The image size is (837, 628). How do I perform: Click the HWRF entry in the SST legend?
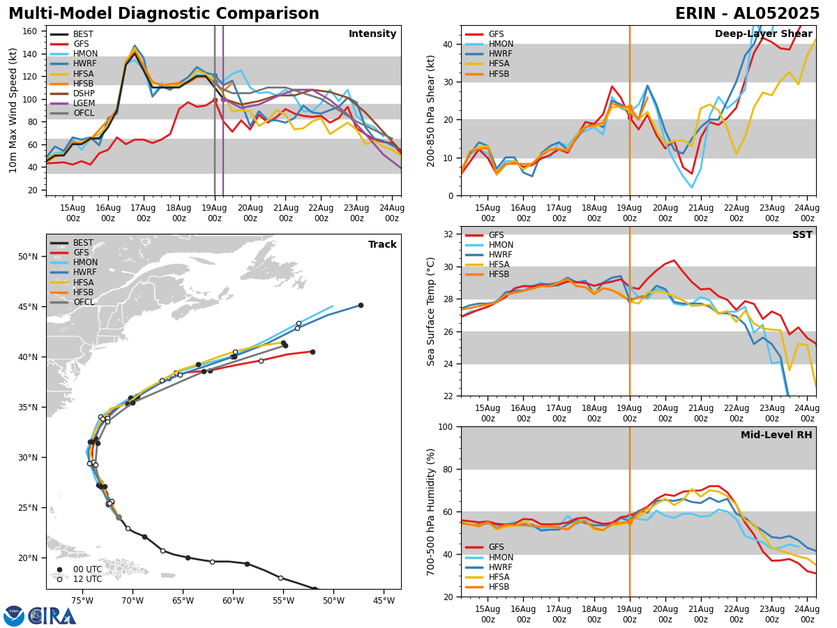(x=501, y=255)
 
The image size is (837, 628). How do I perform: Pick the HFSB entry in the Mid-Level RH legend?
(x=499, y=587)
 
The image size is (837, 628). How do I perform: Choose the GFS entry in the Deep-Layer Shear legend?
(x=496, y=34)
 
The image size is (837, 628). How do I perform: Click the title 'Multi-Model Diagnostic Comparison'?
(x=164, y=14)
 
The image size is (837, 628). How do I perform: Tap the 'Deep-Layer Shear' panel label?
(x=763, y=34)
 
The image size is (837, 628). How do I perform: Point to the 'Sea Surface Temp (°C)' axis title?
(x=432, y=311)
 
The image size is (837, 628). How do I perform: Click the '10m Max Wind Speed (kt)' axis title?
(x=13, y=110)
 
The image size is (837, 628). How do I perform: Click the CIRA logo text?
(x=52, y=616)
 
